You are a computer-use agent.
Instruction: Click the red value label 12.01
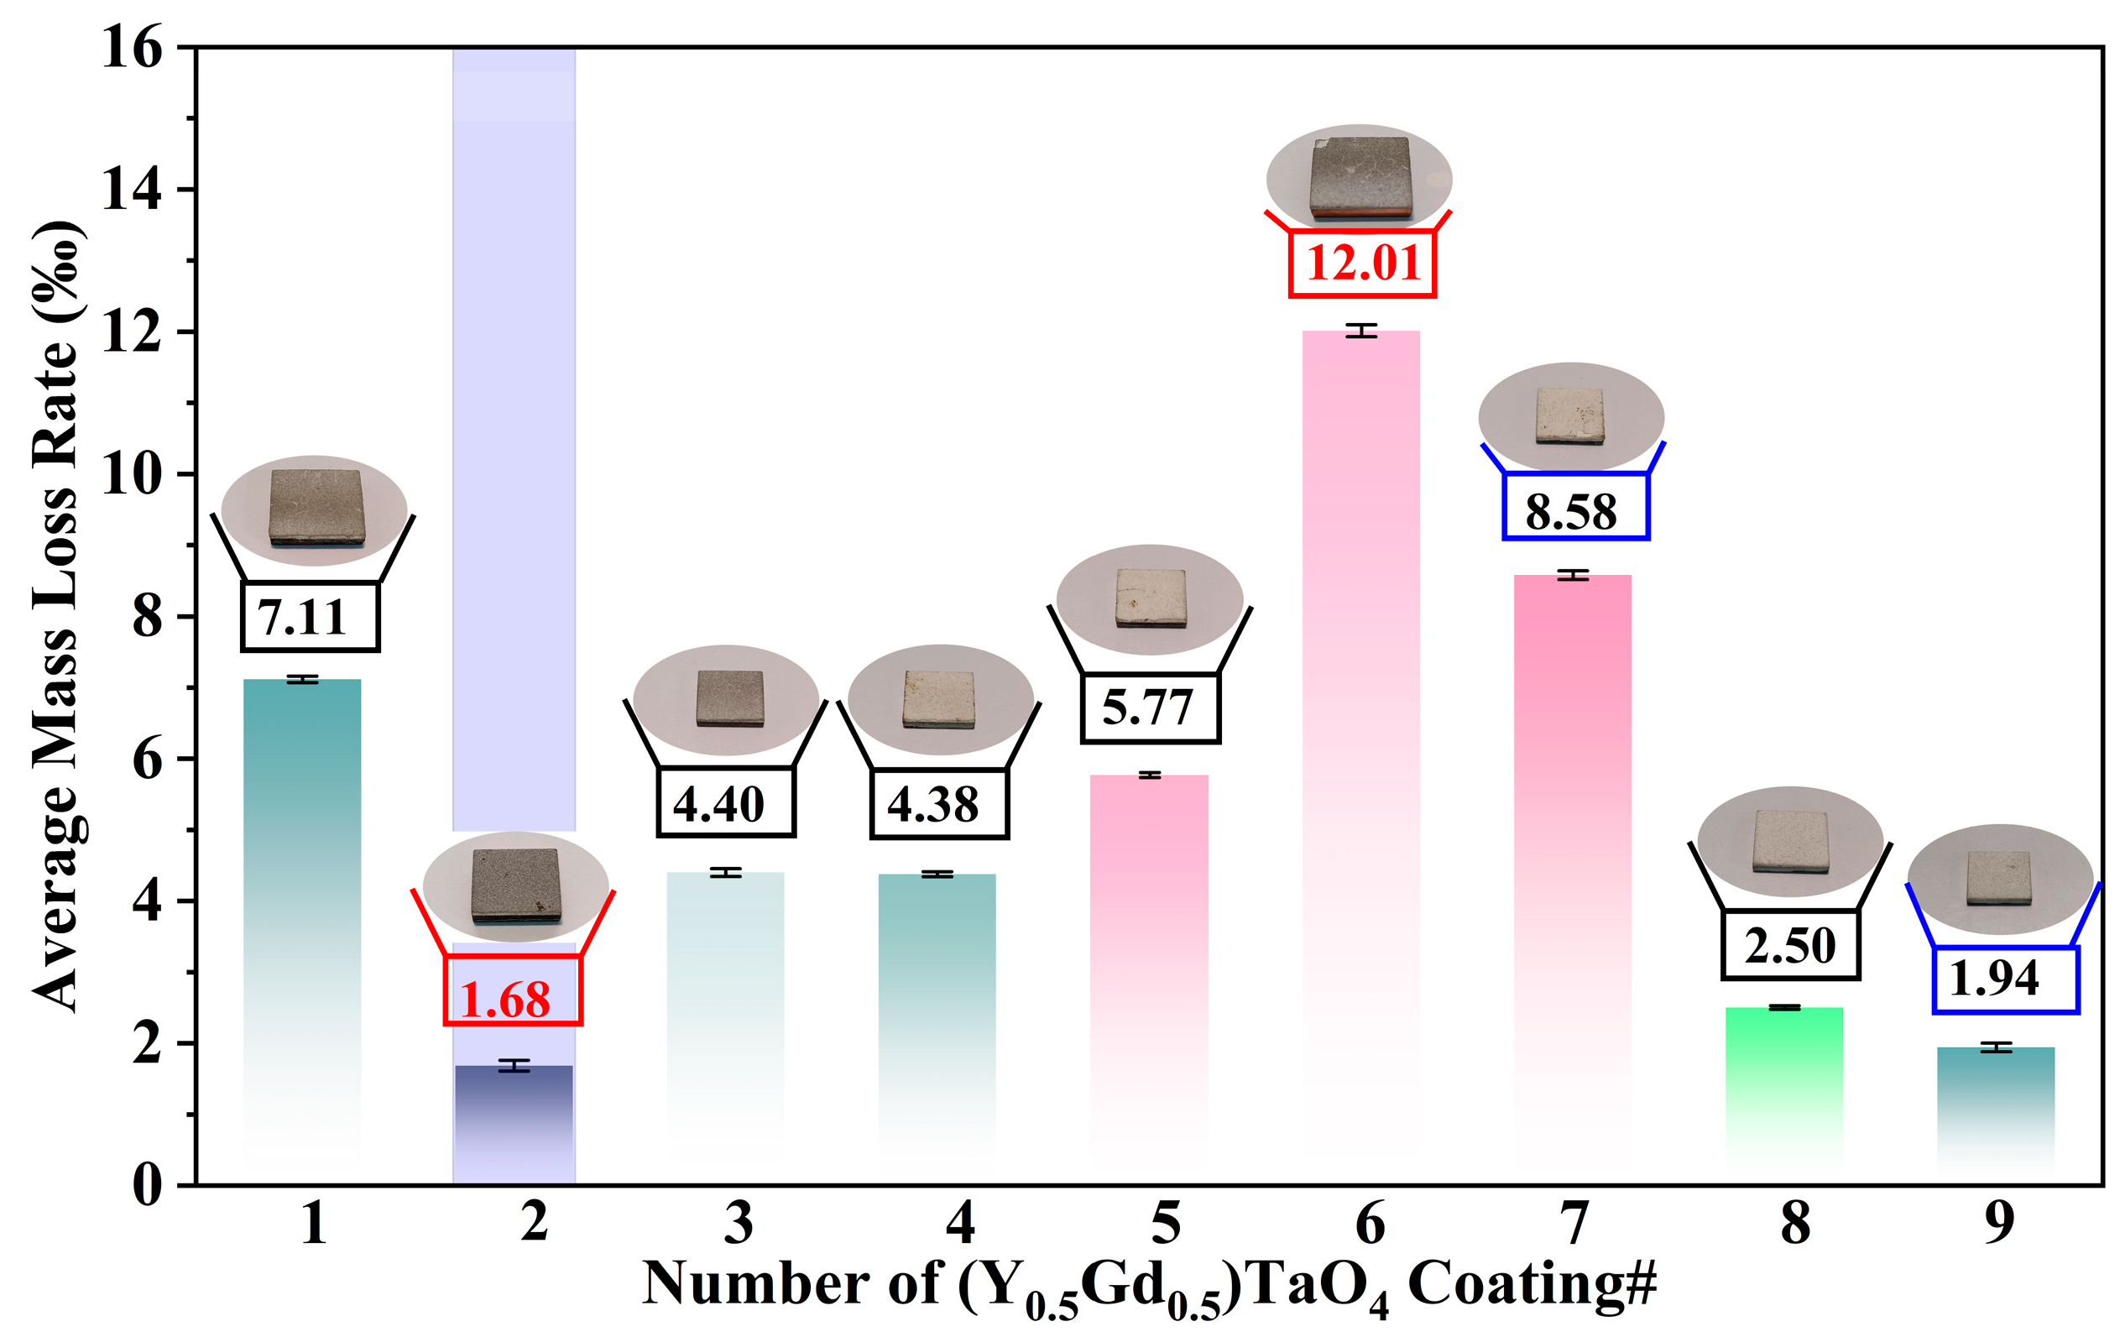[x=1363, y=263]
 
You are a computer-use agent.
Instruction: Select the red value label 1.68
[x=506, y=1000]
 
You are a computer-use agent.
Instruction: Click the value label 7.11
[x=302, y=616]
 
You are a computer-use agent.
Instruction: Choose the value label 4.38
[x=932, y=804]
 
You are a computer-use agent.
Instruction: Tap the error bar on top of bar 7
[x=1573, y=576]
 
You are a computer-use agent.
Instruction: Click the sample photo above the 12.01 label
[x=1359, y=178]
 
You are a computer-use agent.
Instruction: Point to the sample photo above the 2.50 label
[x=1789, y=841]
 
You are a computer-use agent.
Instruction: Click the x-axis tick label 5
[x=1167, y=1225]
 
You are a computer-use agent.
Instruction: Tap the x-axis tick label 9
[x=2000, y=1225]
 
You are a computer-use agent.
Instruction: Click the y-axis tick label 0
[x=148, y=1185]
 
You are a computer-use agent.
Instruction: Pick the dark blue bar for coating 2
[x=514, y=1112]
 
